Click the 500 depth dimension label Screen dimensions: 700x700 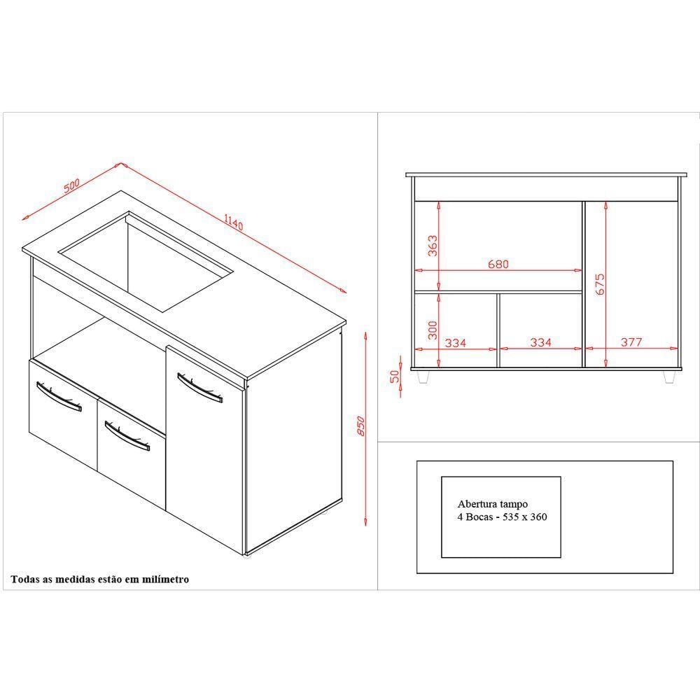click(x=71, y=185)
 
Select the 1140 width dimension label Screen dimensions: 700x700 click(x=234, y=222)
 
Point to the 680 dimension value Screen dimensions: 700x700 click(x=498, y=265)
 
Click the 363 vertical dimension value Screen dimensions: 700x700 click(x=433, y=246)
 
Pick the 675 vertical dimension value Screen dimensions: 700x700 click(x=600, y=284)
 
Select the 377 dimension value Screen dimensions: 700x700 click(x=631, y=342)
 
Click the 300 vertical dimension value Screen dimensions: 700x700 click(x=433, y=330)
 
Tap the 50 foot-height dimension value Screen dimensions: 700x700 click(x=395, y=377)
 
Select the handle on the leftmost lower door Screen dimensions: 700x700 click(x=59, y=396)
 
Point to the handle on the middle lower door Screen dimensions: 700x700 click(x=127, y=436)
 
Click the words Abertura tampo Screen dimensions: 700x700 click(x=492, y=504)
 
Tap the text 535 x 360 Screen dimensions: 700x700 click(x=524, y=517)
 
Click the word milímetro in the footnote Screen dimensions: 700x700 click(x=165, y=580)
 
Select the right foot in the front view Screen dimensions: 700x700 click(x=668, y=377)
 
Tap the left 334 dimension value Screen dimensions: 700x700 click(x=456, y=343)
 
